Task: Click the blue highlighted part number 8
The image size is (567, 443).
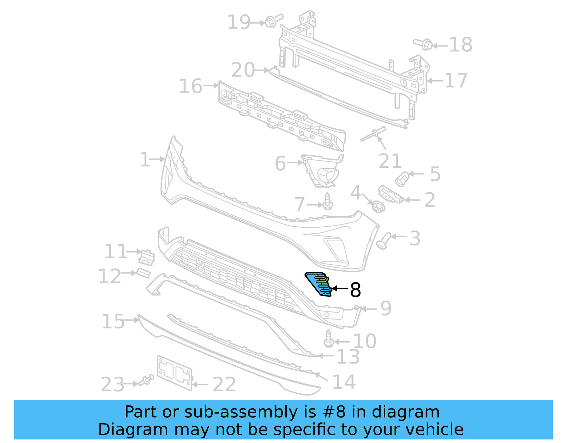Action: tap(318, 284)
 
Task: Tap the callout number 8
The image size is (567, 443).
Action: tap(355, 290)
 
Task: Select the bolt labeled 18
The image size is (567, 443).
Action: tap(424, 44)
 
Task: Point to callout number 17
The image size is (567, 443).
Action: tap(456, 81)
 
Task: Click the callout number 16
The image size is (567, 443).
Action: tap(191, 86)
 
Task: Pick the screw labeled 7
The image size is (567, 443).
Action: tap(328, 201)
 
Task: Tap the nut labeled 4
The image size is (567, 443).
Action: tap(378, 207)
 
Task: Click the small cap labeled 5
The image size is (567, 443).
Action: tap(402, 179)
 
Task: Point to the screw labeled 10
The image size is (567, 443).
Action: tap(329, 339)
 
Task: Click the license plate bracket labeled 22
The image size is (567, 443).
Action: tap(174, 373)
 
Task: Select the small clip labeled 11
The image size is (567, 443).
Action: tap(146, 258)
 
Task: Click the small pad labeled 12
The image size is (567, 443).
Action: tap(144, 273)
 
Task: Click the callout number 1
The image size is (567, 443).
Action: tap(145, 160)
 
